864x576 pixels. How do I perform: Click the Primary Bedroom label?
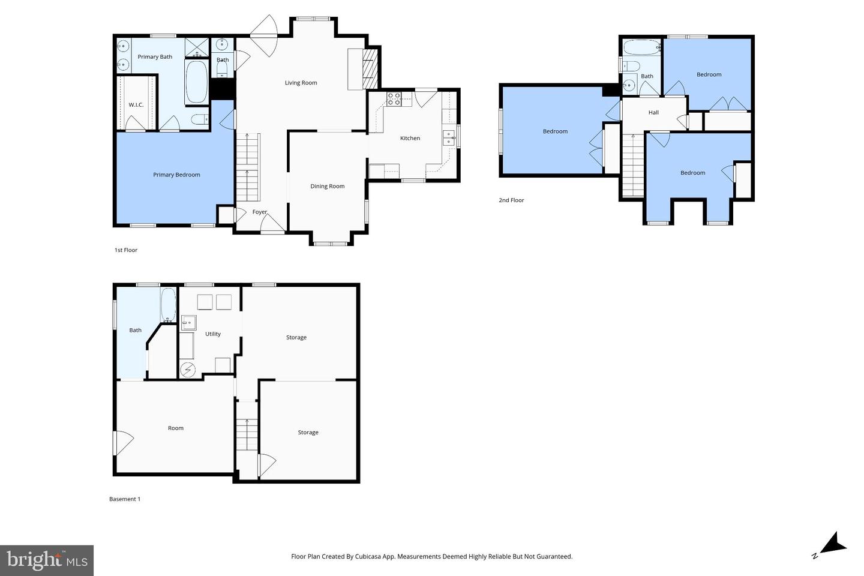176,175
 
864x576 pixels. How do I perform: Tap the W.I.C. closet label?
136,105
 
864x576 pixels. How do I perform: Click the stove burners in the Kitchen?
394,99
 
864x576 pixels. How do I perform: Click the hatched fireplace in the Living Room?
371,69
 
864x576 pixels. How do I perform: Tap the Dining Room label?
327,186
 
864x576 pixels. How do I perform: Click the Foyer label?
260,212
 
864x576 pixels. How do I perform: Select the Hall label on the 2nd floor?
653,112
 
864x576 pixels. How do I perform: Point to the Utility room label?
213,334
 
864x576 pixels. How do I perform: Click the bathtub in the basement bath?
168,305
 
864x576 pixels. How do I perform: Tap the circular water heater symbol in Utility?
188,370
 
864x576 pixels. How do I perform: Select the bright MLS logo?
47,560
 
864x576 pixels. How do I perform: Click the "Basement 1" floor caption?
125,499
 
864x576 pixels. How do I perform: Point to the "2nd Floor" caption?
511,200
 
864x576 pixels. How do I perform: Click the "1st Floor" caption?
126,250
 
